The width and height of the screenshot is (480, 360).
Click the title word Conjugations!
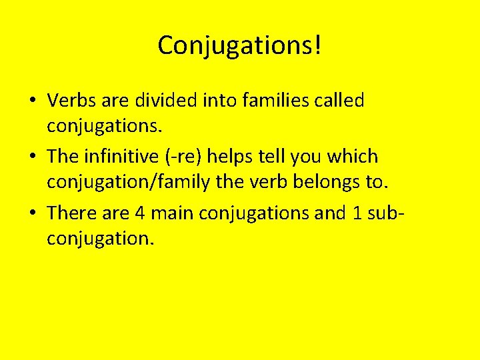240,45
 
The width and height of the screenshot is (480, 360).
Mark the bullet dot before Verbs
32,102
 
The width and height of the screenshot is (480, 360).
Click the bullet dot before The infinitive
32,158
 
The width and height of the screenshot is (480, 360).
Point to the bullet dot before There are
32,214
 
